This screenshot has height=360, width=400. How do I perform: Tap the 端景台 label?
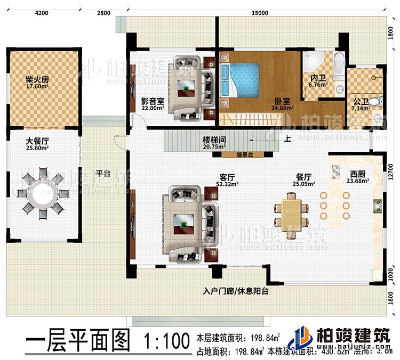[x=244, y=155]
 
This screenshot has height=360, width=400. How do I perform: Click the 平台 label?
[x=103, y=173]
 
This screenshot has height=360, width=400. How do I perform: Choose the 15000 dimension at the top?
[x=260, y=12]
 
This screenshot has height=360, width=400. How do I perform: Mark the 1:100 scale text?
[x=166, y=339]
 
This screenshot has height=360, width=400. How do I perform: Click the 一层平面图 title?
[x=77, y=339]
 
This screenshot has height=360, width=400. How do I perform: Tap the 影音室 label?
[x=153, y=101]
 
